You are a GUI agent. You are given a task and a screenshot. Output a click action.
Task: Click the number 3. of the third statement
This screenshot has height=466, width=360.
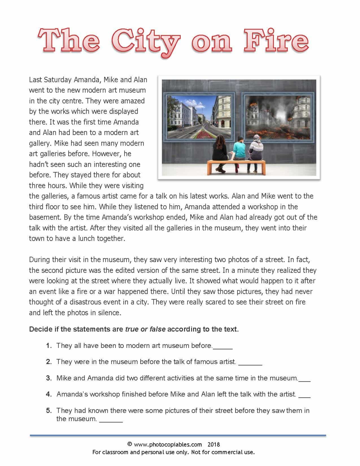pos(49,378)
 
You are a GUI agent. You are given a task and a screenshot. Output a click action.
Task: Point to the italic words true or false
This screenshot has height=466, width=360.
pos(145,329)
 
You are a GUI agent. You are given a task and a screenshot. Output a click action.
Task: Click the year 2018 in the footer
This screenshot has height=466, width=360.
pos(214,445)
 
